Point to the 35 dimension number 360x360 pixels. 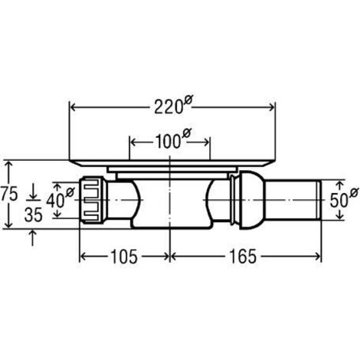(33, 214)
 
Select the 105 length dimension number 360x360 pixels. (124, 257)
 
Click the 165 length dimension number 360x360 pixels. (242, 257)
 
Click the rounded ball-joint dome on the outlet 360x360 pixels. (252, 200)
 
